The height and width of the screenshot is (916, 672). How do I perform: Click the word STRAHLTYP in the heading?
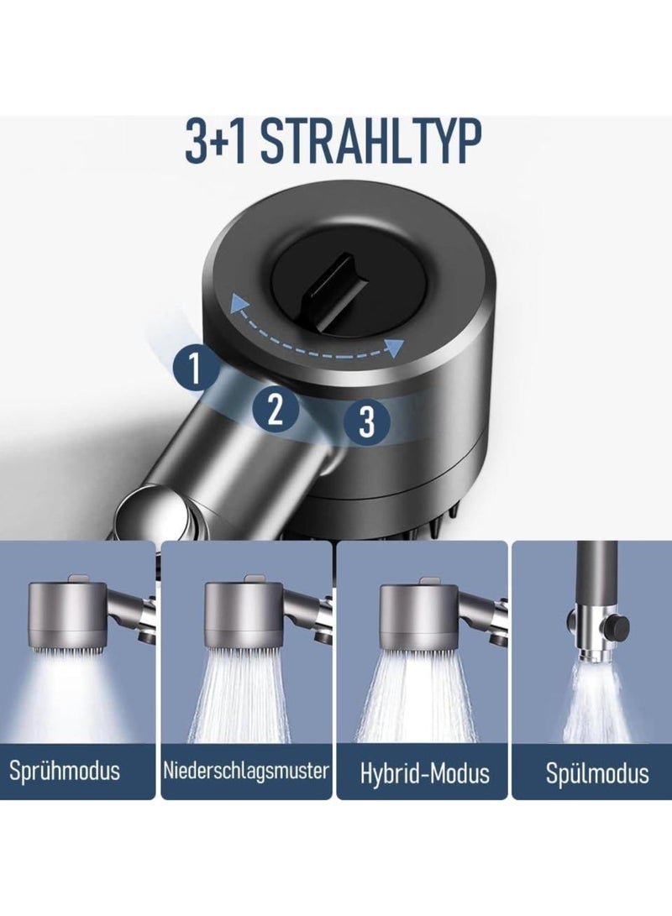click(x=370, y=141)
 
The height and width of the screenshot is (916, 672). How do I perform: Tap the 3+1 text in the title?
click(x=217, y=141)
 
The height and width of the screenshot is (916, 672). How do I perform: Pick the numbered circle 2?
click(x=276, y=408)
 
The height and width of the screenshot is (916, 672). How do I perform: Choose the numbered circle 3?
click(x=367, y=421)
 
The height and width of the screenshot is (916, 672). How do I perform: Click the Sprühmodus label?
click(x=65, y=772)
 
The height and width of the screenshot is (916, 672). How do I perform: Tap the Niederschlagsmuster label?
click(x=245, y=771)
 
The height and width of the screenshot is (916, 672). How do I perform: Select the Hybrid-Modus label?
click(x=425, y=773)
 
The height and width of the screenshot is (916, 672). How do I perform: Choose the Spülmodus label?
click(x=597, y=773)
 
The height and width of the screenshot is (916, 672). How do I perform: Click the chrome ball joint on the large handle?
click(x=159, y=513)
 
